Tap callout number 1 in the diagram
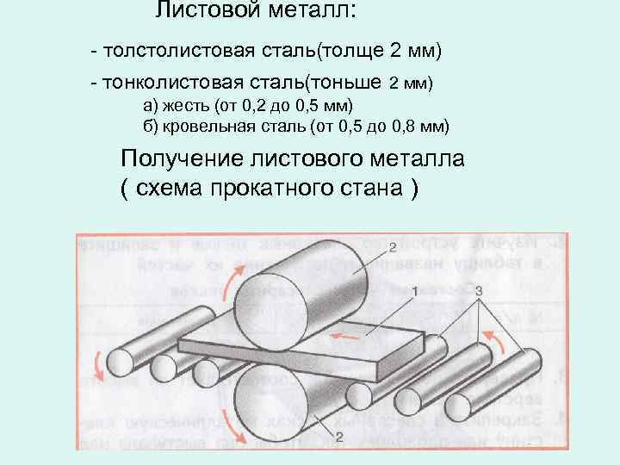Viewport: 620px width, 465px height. click(415, 293)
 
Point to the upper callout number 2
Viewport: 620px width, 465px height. click(392, 248)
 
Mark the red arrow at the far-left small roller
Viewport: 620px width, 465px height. click(100, 362)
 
